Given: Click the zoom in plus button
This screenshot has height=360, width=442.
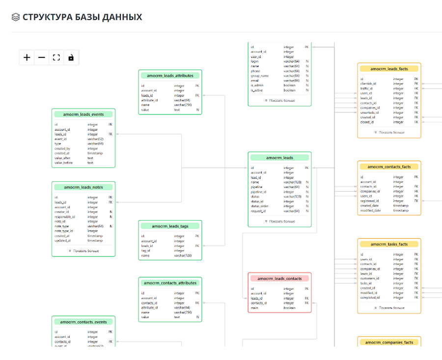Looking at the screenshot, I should coord(27,57).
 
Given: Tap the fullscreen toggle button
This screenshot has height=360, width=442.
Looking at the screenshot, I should coord(56,57).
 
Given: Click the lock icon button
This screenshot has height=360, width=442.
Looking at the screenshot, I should coord(71,57).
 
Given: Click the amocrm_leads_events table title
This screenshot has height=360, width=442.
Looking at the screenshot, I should coord(83,114).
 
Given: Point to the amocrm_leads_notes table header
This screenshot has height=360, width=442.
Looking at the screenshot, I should coord(83,187).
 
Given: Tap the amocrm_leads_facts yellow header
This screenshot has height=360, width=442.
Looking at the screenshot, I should coord(389,69).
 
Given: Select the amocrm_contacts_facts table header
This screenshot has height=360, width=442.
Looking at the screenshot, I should coord(389,166).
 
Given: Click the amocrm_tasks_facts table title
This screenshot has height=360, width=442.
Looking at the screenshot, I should coord(389,244).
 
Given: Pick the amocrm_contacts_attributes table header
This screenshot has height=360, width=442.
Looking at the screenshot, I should coord(170,283).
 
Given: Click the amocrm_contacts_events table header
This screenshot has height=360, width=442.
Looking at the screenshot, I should coord(83,322).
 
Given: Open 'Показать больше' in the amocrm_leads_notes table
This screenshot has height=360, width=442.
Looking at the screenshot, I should coord(83,251).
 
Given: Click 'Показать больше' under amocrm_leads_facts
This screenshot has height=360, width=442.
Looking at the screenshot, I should coord(389,133).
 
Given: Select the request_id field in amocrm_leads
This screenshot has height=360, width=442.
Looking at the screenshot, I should coord(258,211).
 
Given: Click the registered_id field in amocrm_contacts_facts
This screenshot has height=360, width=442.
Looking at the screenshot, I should coord(370,201).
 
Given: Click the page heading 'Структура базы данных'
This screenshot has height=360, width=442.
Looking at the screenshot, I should coord(82,17).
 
